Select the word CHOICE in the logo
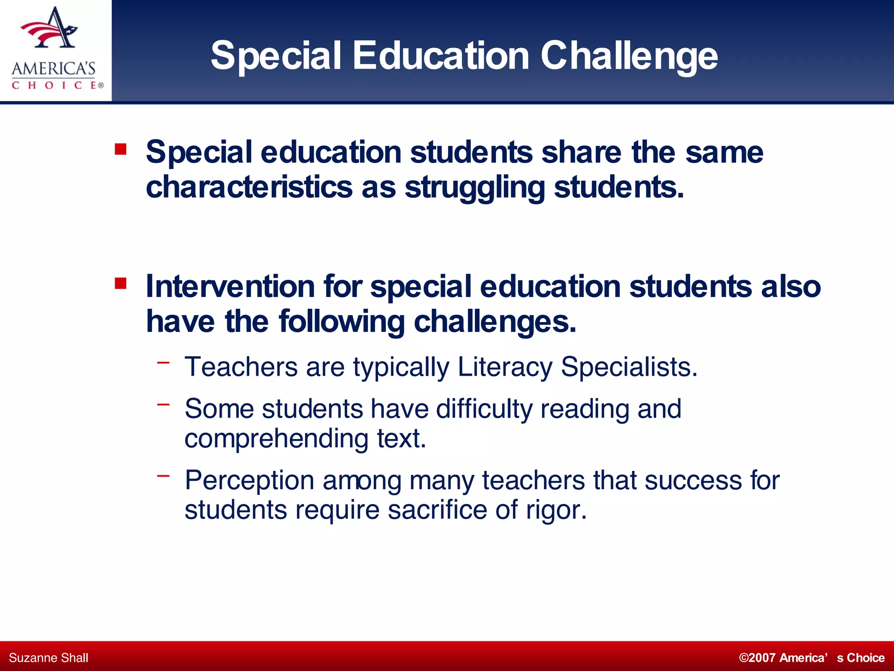(x=54, y=85)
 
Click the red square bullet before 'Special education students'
(x=120, y=150)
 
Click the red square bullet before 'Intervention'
(x=120, y=284)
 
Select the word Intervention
(x=230, y=287)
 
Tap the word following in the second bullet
(x=342, y=322)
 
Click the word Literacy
(x=505, y=367)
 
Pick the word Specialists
(x=629, y=367)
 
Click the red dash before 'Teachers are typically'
(x=163, y=362)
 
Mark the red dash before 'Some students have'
(x=163, y=405)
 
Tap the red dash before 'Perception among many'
(x=163, y=476)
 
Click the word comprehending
(x=276, y=439)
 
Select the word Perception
(x=249, y=481)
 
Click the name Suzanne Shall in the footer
(x=48, y=658)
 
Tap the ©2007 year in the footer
(x=757, y=658)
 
